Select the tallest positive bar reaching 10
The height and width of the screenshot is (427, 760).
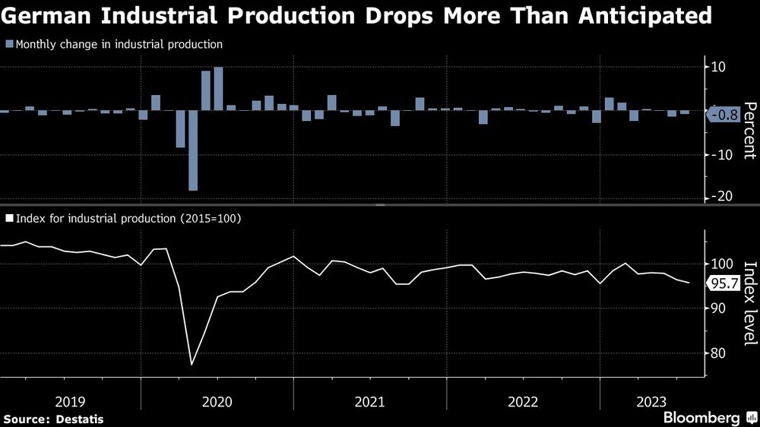(x=218, y=89)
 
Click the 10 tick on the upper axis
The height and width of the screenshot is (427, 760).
(x=717, y=68)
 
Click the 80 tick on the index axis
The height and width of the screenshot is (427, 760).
(x=718, y=353)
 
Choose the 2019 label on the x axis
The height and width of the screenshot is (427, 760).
(x=71, y=400)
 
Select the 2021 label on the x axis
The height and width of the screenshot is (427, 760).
(x=369, y=400)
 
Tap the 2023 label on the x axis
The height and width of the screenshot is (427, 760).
(x=652, y=400)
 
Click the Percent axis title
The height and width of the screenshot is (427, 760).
(x=748, y=130)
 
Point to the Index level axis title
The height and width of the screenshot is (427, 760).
(x=748, y=302)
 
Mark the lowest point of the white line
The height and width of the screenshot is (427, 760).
(x=192, y=365)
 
